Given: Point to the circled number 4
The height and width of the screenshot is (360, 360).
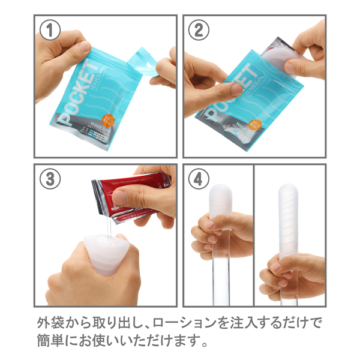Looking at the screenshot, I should [199, 179].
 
